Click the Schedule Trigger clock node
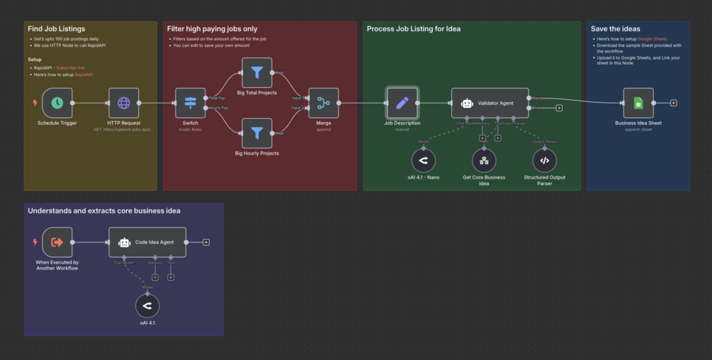57,103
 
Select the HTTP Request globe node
123,103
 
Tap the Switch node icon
190,103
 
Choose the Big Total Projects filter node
256,72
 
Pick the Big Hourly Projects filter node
256,133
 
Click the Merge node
324,103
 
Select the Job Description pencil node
402,103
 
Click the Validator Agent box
490,103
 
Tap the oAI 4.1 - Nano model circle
424,161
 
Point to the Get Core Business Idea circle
484,161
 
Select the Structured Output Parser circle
544,161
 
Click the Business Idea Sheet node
638,103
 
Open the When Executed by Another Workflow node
57,242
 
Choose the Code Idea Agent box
147,242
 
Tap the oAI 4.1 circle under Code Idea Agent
147,306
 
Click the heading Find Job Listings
56,29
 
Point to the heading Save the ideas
616,29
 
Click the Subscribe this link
70,67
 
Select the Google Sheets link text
652,39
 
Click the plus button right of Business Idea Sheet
674,103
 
